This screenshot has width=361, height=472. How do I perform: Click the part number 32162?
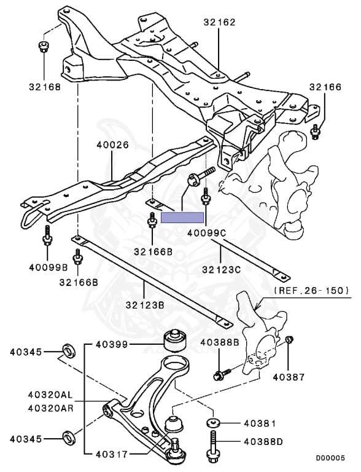click(219, 22)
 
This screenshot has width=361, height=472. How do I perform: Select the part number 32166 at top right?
click(325, 87)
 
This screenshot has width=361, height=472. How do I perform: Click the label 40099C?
click(206, 234)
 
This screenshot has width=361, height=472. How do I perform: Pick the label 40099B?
click(46, 267)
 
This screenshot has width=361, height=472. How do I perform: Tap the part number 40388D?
click(263, 441)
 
